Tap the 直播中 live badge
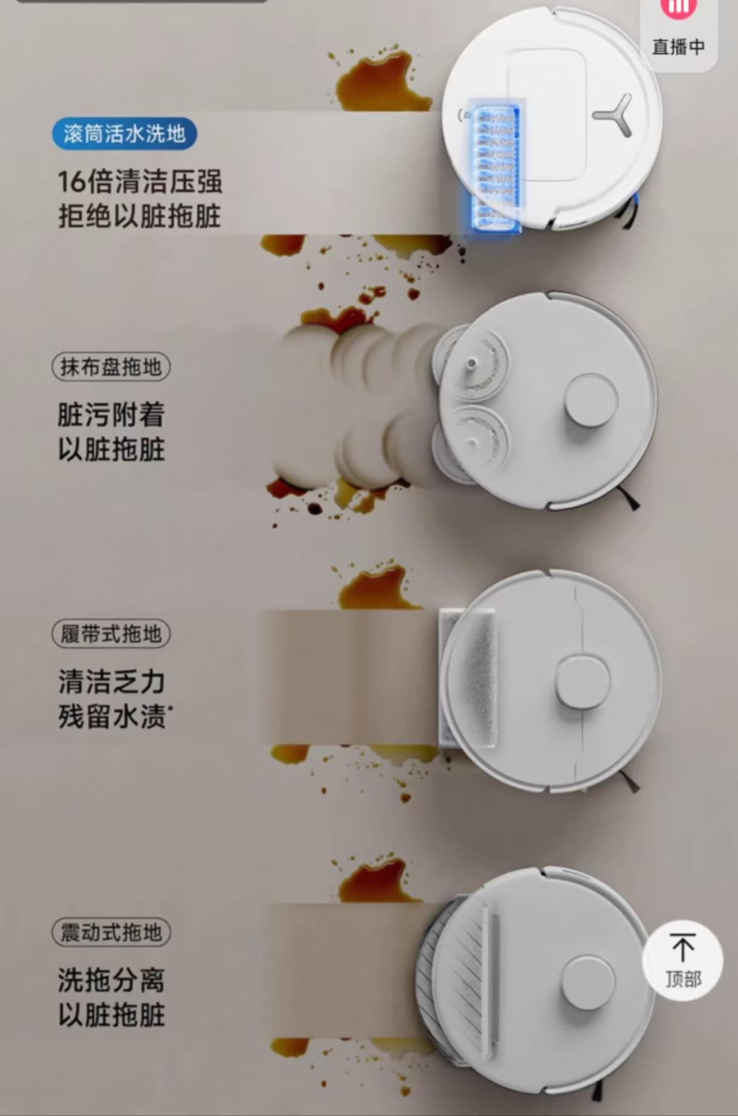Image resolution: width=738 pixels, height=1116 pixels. pos(678,33)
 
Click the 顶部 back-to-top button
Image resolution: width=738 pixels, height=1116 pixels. pos(683,961)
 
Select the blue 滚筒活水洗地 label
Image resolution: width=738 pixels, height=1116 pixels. pos(125,134)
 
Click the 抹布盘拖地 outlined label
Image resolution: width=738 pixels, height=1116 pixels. pos(111,367)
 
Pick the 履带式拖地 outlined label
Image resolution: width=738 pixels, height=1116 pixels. pos(111,634)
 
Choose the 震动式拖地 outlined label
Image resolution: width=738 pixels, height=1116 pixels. pos(111,932)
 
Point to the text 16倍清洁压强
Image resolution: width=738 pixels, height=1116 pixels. pos(140,181)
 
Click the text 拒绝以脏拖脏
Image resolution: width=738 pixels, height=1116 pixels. pos(140,216)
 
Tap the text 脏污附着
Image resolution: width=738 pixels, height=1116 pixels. pos(111,415)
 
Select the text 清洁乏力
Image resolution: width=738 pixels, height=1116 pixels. pos(112,681)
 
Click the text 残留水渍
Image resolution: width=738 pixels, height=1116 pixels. pos(113,716)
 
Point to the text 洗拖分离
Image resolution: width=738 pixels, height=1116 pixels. pos(111,980)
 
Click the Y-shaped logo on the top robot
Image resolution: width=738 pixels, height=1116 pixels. pos(613,115)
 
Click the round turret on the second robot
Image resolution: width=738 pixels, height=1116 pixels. pos(591,400)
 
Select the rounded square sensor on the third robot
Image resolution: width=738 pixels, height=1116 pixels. pos(581,682)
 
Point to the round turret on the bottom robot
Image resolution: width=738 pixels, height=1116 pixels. pos(587,982)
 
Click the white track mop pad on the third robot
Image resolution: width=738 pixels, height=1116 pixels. pos(468,678)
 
